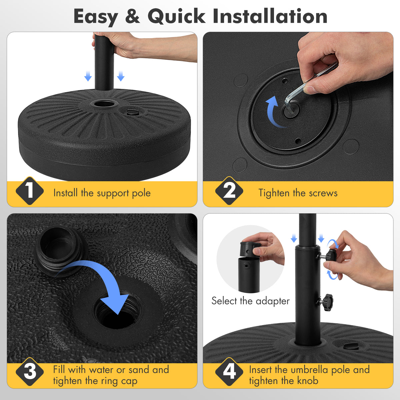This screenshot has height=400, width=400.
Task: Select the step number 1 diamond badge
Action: [30, 191]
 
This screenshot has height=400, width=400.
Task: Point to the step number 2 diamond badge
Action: [229, 191]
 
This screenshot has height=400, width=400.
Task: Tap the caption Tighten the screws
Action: [298, 193]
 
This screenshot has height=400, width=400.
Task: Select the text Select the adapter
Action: [250, 301]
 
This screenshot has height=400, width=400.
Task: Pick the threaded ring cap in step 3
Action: [60, 250]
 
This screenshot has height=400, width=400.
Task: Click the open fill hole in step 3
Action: [115, 315]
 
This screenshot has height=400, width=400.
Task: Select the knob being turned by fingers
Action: [331, 256]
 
